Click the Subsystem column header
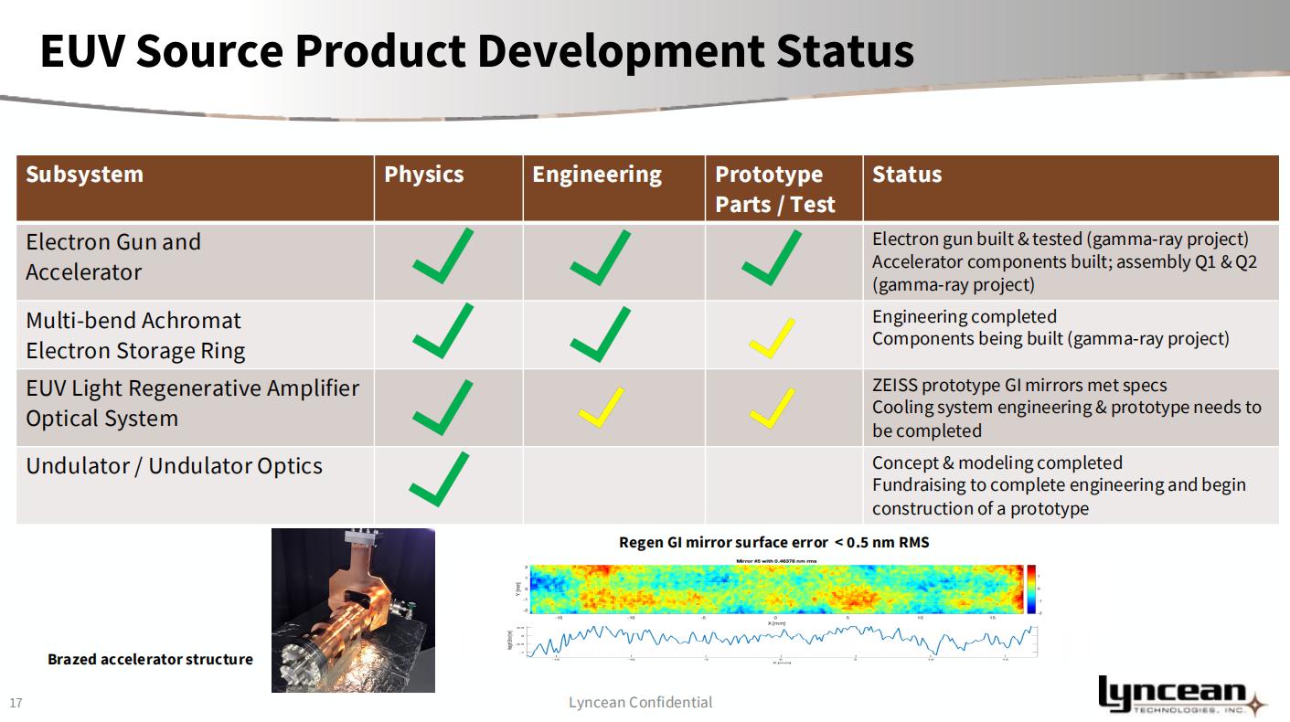[x=84, y=175]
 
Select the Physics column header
[x=423, y=175]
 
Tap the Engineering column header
[x=596, y=175]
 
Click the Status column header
[x=906, y=175]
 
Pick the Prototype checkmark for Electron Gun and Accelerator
[x=772, y=259]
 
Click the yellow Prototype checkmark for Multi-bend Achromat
[x=772, y=337]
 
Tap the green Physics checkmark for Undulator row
[x=439, y=479]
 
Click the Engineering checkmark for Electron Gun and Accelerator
[x=600, y=259]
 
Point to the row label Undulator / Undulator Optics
[x=174, y=466]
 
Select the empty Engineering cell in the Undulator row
[x=613, y=485]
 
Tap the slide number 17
[x=16, y=703]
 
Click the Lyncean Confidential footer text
[x=640, y=702]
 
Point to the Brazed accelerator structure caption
[x=150, y=659]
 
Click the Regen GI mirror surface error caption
[x=773, y=542]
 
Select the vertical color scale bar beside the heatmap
[x=1032, y=589]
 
